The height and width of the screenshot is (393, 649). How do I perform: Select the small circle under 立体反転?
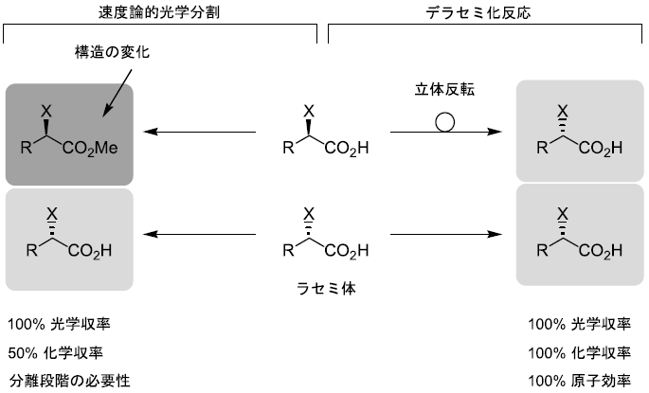pos(444,121)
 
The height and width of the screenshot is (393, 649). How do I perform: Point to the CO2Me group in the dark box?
pos(93,148)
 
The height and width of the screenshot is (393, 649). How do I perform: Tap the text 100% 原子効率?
pos(580,382)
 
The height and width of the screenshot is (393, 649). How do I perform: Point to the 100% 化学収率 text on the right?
pos(580,353)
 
